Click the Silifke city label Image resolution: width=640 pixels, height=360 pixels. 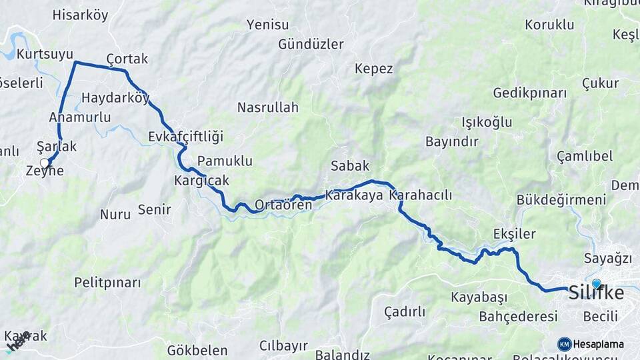596,294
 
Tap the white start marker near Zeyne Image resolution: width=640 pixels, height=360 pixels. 45,163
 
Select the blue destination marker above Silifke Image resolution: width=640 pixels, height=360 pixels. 596,283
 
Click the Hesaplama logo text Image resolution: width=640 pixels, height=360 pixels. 599,345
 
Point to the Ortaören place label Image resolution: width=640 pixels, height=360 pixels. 283,205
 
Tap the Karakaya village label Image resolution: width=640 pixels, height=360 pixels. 355,195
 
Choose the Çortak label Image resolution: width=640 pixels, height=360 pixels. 127,59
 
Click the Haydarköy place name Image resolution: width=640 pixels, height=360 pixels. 115,98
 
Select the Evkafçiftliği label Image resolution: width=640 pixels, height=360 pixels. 185,137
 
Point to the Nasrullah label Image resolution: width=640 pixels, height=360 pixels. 268,107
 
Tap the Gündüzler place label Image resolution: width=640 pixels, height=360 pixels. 311,45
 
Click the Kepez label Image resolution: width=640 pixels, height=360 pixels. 374,69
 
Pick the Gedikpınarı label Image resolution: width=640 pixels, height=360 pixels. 530,93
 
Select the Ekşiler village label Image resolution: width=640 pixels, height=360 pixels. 515,233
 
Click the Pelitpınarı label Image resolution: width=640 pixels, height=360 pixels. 107,283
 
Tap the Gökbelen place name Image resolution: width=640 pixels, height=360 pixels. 197,350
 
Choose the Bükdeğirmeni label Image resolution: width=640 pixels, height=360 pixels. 561,200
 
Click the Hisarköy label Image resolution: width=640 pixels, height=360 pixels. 80,15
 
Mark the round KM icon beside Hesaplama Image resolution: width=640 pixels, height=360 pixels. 565,344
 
